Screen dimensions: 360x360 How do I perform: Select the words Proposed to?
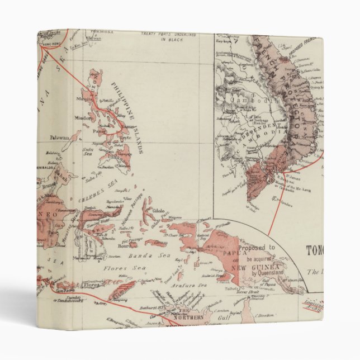[x=257, y=247]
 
